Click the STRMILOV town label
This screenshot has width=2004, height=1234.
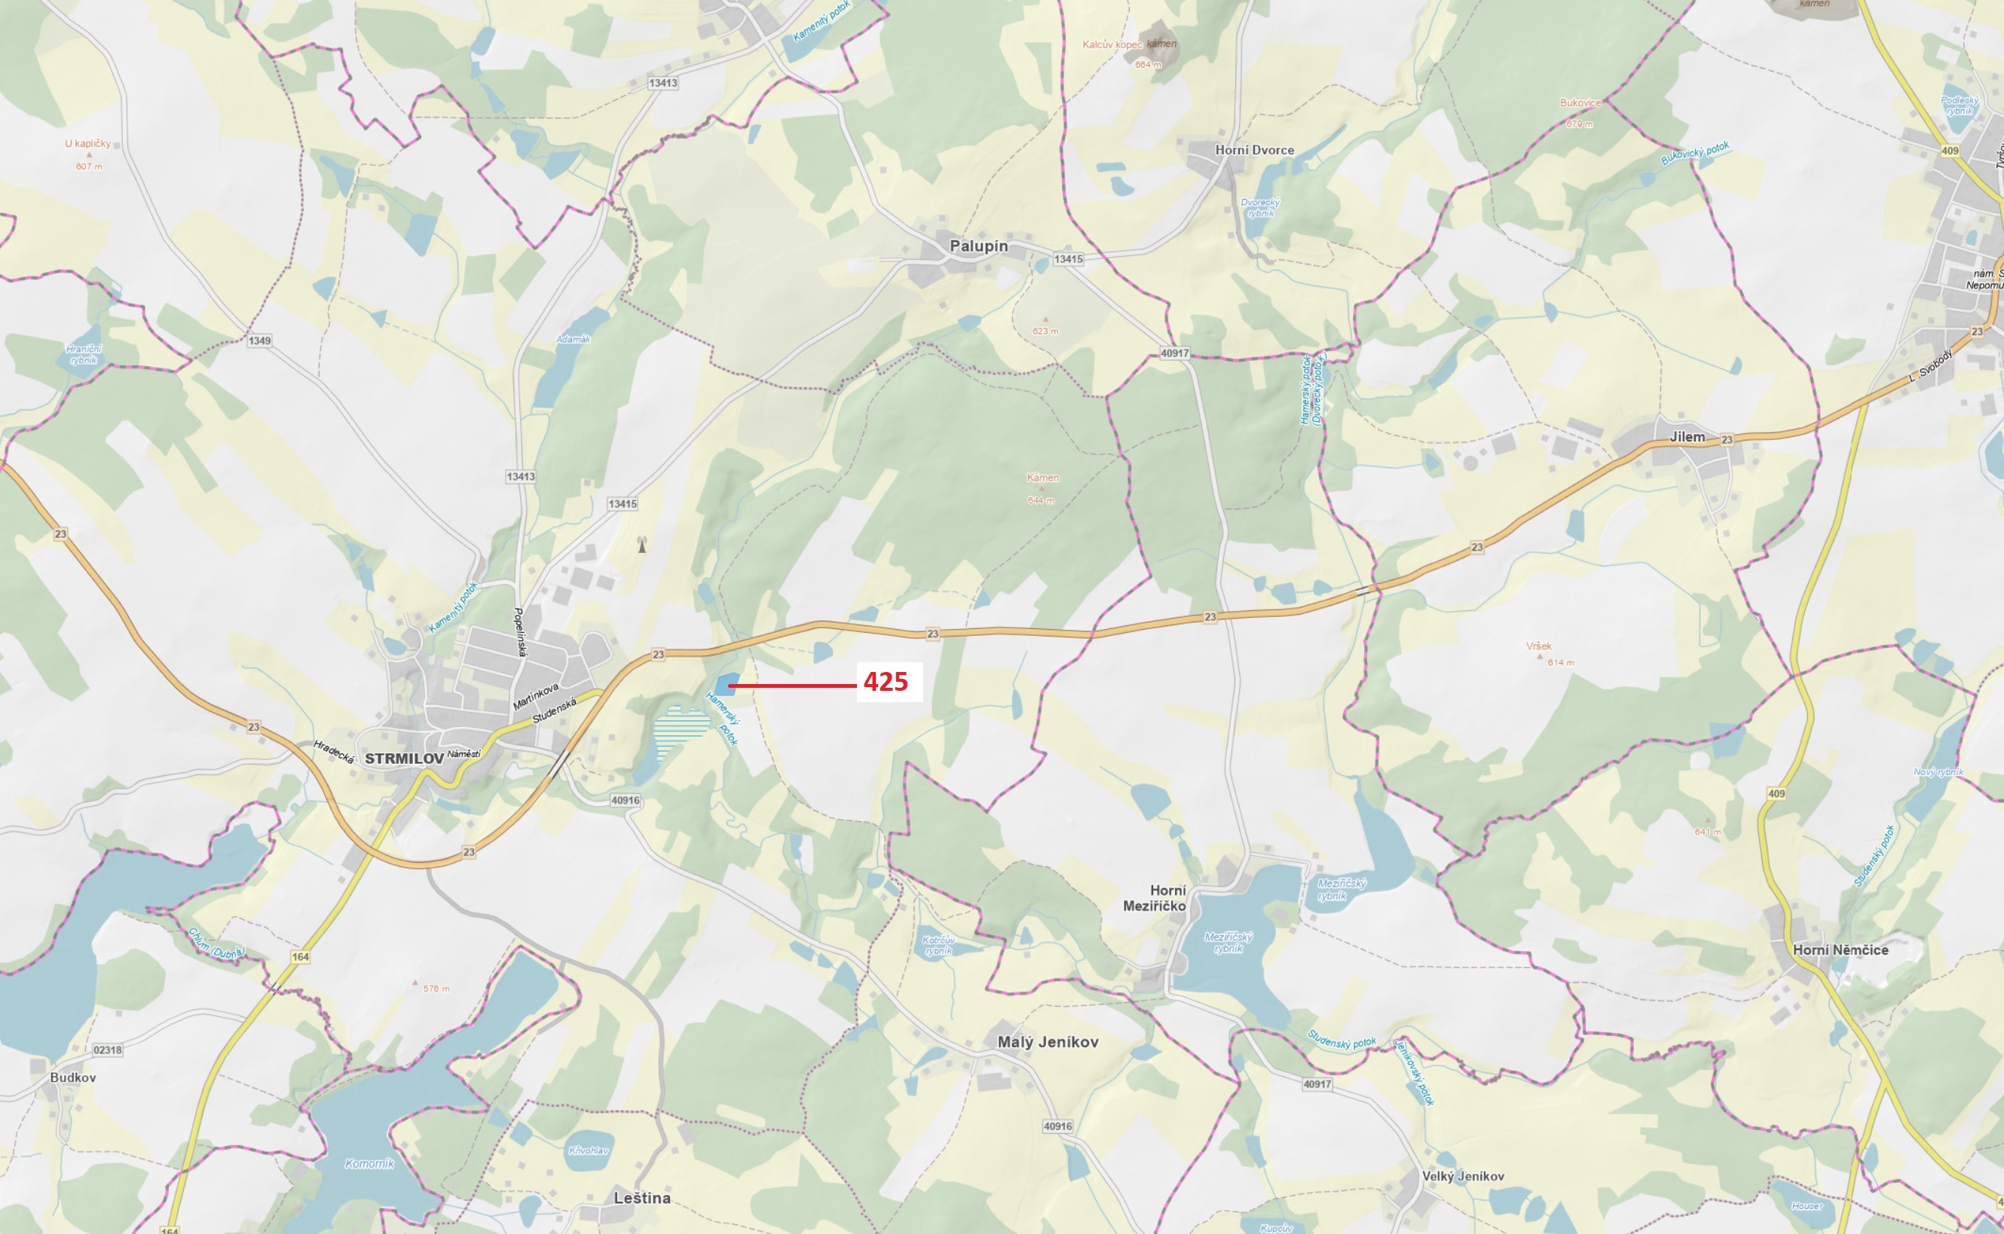404,758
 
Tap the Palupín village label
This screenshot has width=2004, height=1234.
978,246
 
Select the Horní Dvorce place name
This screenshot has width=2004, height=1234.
1254,150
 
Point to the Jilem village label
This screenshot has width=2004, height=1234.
1687,437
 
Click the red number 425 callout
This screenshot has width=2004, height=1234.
886,682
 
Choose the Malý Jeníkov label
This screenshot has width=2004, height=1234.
1048,1041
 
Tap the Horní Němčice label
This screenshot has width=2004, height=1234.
1840,950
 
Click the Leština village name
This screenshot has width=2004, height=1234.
641,1197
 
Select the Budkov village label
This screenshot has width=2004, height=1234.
72,1077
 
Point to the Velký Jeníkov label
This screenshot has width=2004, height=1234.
1463,1176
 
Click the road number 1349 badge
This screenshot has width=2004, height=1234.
259,341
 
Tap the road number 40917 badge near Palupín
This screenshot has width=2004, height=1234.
1173,353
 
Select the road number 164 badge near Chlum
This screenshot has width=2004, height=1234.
301,957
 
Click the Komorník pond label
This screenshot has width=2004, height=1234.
369,1163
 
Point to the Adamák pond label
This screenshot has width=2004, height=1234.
573,339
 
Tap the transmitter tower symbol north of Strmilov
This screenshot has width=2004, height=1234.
641,545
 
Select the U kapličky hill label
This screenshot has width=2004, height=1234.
87,144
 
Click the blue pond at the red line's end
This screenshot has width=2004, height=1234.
725,683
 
